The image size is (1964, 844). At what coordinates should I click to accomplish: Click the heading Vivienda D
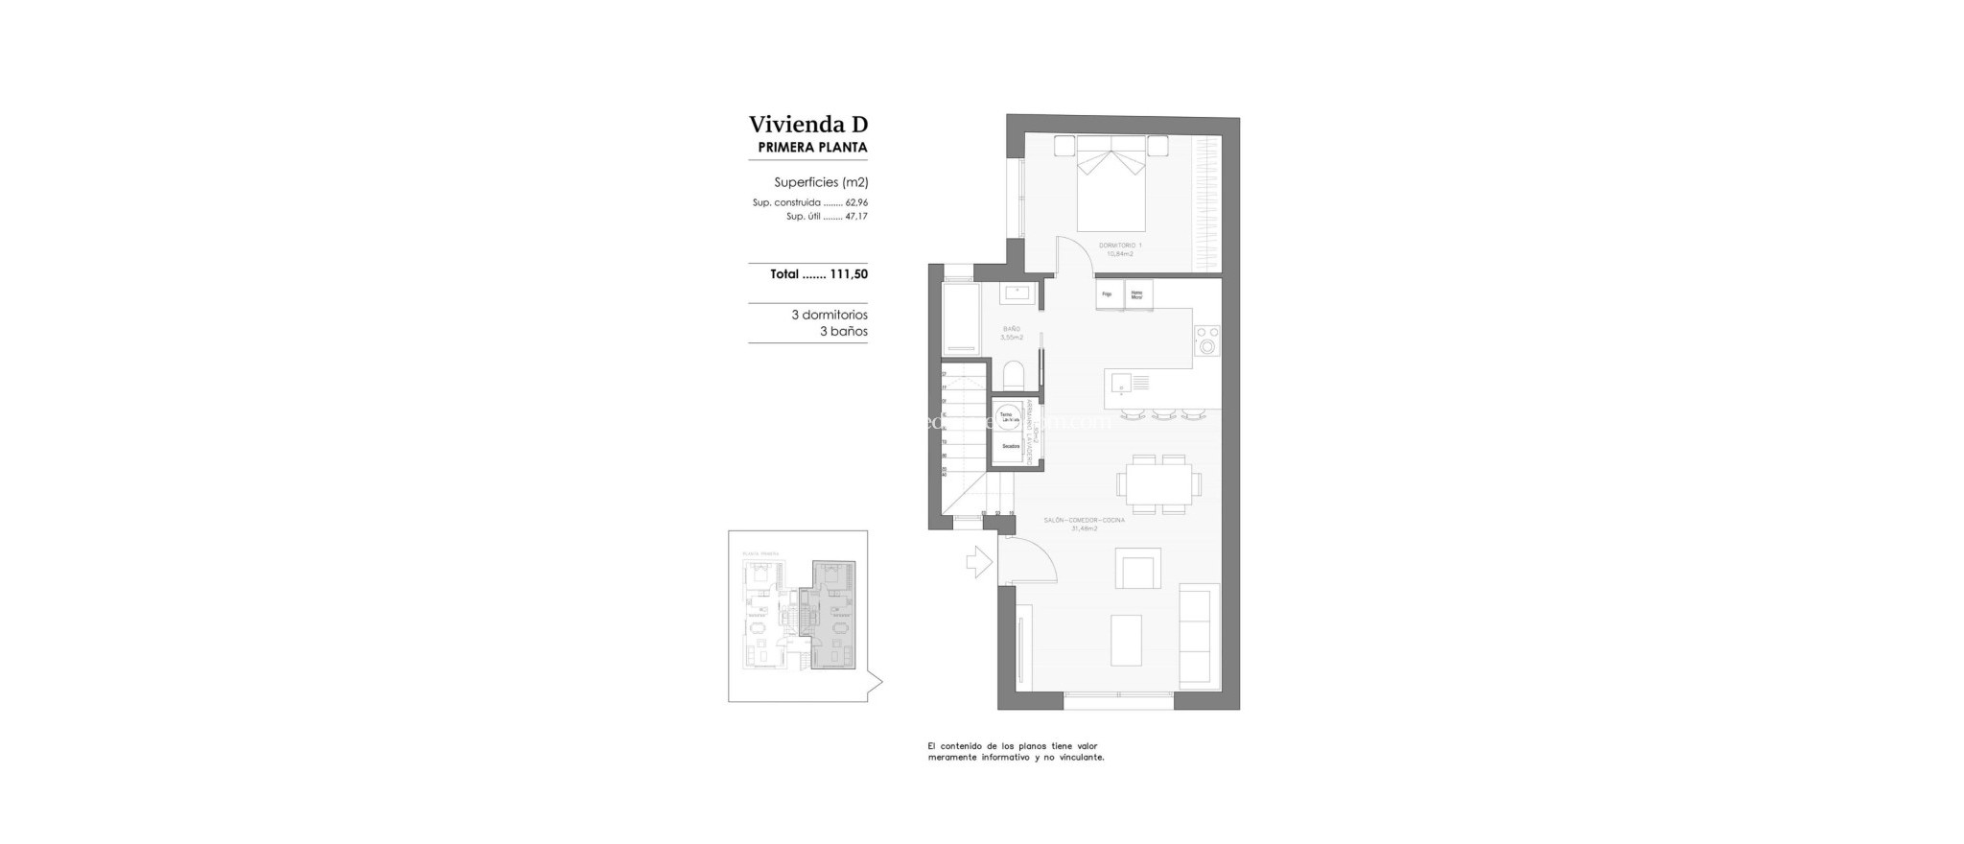pos(807,125)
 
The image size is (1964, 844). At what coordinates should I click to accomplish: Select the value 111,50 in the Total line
pos(849,274)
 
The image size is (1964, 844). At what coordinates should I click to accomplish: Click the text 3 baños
pos(843,332)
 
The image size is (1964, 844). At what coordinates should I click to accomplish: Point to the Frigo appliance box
pos(1108,294)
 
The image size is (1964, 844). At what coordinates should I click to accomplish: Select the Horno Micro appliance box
pos(1137,295)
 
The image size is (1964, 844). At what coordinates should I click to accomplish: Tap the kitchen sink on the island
pos(1122,384)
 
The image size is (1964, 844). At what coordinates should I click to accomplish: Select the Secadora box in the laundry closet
pos(1010,447)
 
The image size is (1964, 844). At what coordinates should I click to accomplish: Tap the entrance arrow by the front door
pos(978,562)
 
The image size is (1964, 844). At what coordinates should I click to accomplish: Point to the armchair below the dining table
pos(1137,569)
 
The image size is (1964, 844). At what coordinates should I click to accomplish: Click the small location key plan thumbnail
pos(798,617)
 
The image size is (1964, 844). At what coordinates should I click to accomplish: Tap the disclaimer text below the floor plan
pos(1015,751)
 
